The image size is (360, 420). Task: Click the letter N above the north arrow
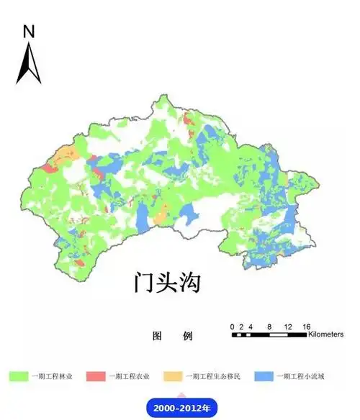(29, 31)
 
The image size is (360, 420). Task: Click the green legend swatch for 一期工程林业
(18, 376)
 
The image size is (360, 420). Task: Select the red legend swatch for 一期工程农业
(96, 376)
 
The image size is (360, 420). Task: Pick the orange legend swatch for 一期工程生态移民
(172, 376)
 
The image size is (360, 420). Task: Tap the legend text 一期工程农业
(129, 376)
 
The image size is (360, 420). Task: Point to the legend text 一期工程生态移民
(214, 376)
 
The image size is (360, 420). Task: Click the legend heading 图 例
(174, 336)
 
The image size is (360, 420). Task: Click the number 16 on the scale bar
(306, 327)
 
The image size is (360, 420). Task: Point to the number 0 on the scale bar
(232, 327)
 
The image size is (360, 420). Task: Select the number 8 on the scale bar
(269, 327)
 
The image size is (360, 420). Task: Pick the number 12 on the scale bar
(288, 327)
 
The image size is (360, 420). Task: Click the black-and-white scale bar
(269, 334)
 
